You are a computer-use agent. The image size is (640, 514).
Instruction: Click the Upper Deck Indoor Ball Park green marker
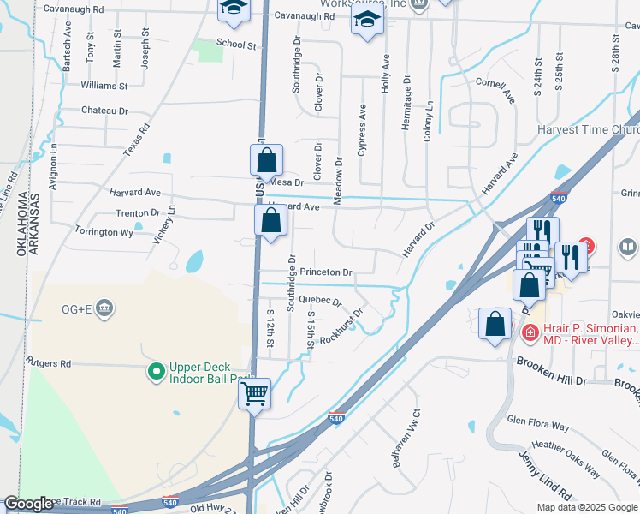click(156, 371)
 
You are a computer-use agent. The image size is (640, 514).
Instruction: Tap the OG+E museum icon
click(104, 308)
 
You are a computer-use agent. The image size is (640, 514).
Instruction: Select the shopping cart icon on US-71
click(255, 394)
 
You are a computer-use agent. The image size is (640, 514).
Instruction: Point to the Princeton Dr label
click(325, 272)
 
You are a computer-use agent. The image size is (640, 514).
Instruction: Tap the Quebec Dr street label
click(322, 302)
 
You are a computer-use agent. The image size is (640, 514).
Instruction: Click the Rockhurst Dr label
click(341, 326)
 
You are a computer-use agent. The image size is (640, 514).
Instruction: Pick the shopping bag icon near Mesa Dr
click(266, 159)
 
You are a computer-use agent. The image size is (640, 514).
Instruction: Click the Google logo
click(28, 504)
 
